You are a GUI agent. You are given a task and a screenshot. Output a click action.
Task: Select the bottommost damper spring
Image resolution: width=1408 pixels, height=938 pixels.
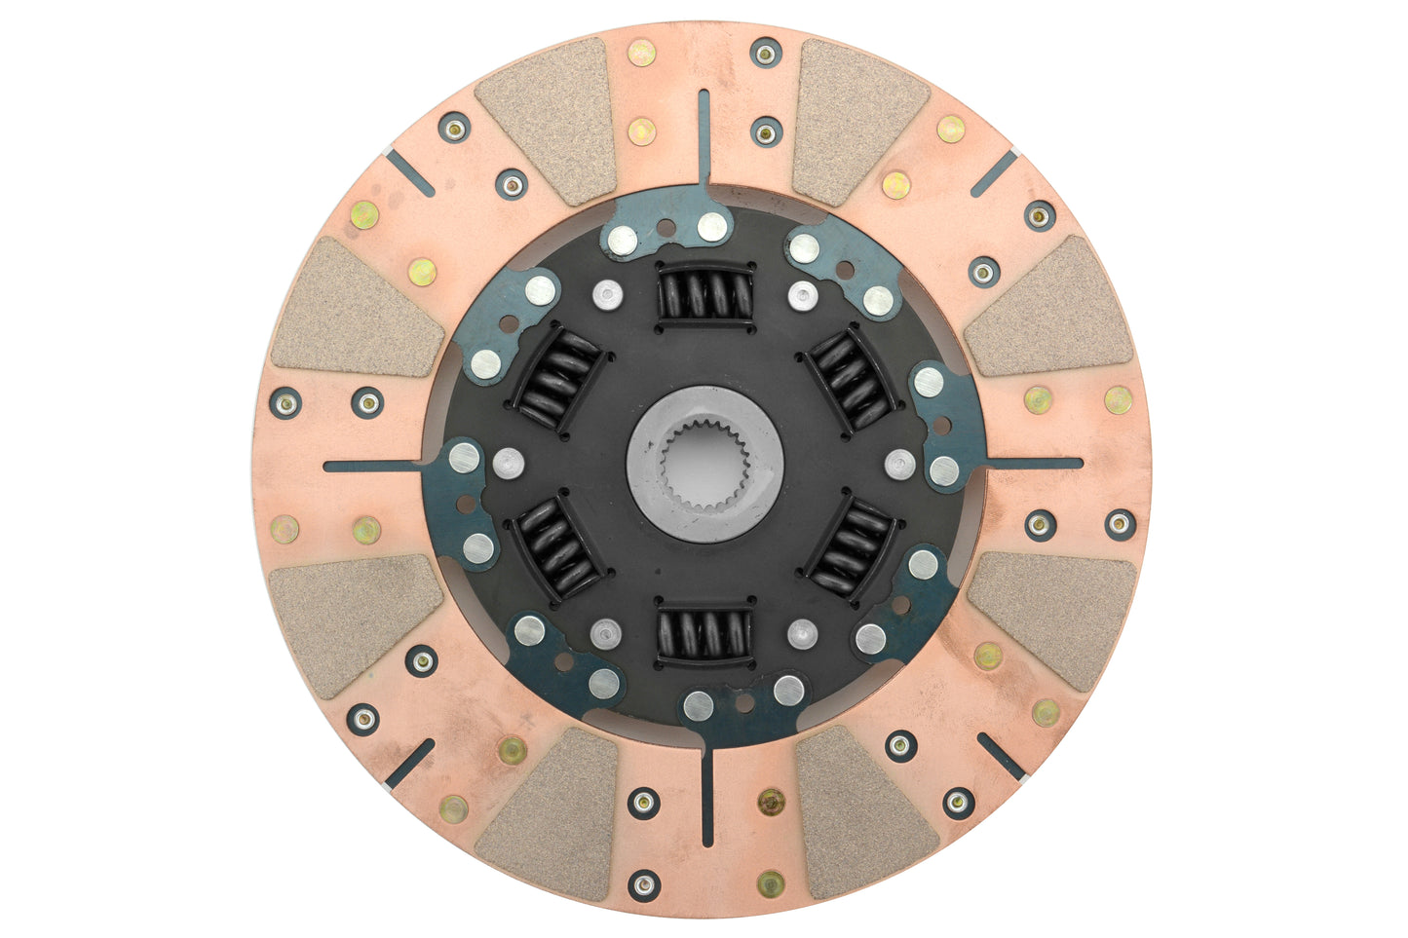point(705,635)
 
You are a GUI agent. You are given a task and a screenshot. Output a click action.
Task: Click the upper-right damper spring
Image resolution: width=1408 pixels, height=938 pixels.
point(852,380)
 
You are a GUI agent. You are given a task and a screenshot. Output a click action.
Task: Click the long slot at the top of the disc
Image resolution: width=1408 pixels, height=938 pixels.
point(704,136)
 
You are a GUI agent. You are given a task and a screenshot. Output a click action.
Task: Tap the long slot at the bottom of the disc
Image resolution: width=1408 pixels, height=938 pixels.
point(707,794)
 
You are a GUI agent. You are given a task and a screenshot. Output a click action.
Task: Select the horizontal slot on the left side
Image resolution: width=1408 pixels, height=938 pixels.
point(375,466)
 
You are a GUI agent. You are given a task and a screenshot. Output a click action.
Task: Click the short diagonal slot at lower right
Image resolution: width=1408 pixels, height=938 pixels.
point(1002,757)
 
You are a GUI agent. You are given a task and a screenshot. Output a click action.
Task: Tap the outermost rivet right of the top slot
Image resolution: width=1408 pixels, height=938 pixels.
point(767,53)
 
